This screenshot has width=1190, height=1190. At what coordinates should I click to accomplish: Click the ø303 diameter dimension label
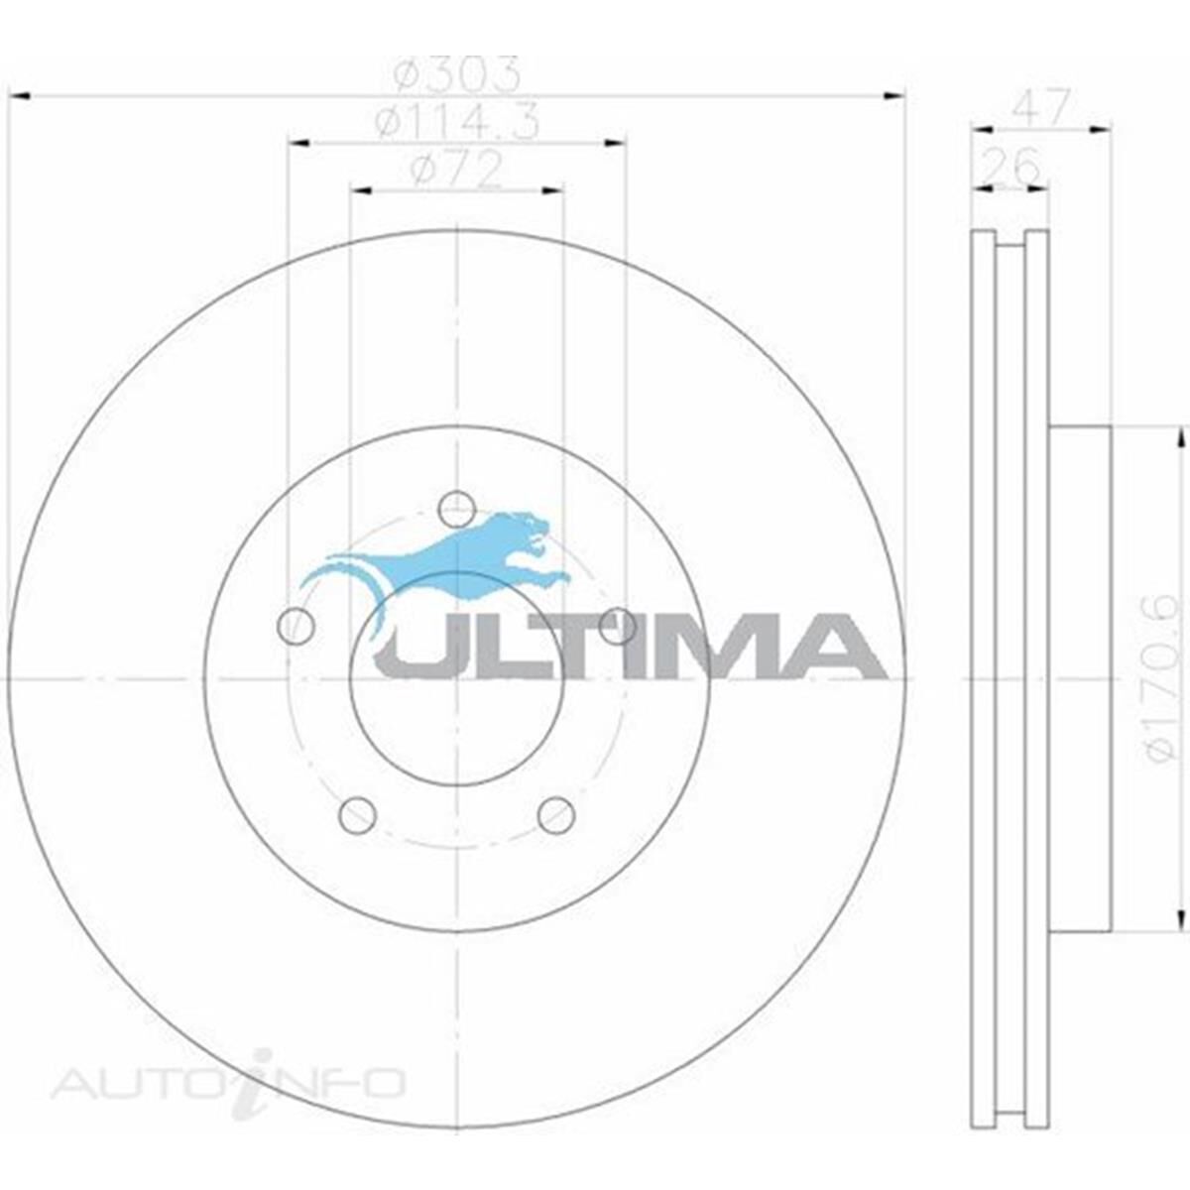pyautogui.click(x=457, y=74)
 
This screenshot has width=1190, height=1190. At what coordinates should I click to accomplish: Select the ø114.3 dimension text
pyautogui.click(x=457, y=121)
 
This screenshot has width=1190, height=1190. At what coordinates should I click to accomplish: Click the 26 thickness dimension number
pyautogui.click(x=1011, y=165)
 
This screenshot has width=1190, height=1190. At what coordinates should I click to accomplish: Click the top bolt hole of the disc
pyautogui.click(x=456, y=510)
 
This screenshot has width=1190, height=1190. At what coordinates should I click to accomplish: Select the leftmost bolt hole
pyautogui.click(x=297, y=626)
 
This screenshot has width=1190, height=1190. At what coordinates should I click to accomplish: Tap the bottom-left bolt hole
pyautogui.click(x=358, y=814)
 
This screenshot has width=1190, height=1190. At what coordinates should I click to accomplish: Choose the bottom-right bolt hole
pyautogui.click(x=555, y=814)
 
